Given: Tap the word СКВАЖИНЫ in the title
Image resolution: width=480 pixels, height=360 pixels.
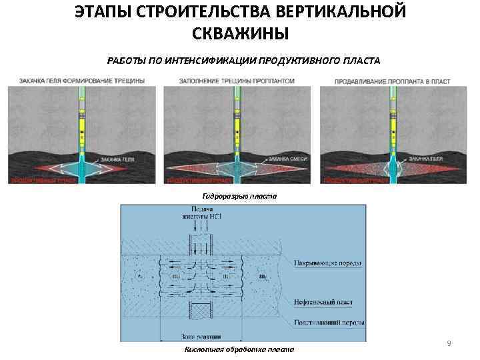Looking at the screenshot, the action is (x=240, y=33).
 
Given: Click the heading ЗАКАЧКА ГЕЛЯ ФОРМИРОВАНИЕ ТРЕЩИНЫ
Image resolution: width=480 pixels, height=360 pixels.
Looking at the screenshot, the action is (x=82, y=81).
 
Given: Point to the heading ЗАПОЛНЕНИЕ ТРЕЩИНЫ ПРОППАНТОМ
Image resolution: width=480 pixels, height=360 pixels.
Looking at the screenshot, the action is (x=237, y=81).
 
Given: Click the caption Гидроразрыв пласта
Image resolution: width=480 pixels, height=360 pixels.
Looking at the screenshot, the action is (x=239, y=196).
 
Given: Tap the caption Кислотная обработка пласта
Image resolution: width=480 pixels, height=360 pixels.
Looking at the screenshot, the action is (x=239, y=349).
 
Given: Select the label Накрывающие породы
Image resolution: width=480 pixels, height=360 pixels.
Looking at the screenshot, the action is (x=329, y=263).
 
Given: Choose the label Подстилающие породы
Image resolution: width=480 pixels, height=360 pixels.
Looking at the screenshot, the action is (x=329, y=323).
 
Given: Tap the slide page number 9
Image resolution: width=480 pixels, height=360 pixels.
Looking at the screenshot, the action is (x=449, y=343).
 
